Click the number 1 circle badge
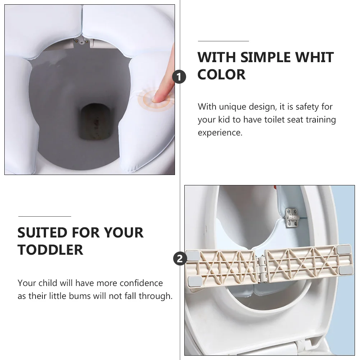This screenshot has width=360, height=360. [180, 77]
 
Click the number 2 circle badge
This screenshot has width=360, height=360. [180, 258]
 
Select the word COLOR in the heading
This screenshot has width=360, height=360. [221, 74]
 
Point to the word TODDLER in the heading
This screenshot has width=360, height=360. [50, 249]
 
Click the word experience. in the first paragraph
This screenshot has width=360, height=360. [220, 133]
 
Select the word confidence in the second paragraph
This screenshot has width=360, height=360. [141, 283]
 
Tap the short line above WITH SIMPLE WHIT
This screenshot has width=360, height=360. [223, 41]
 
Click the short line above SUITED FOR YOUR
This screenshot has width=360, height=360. [45, 217]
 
